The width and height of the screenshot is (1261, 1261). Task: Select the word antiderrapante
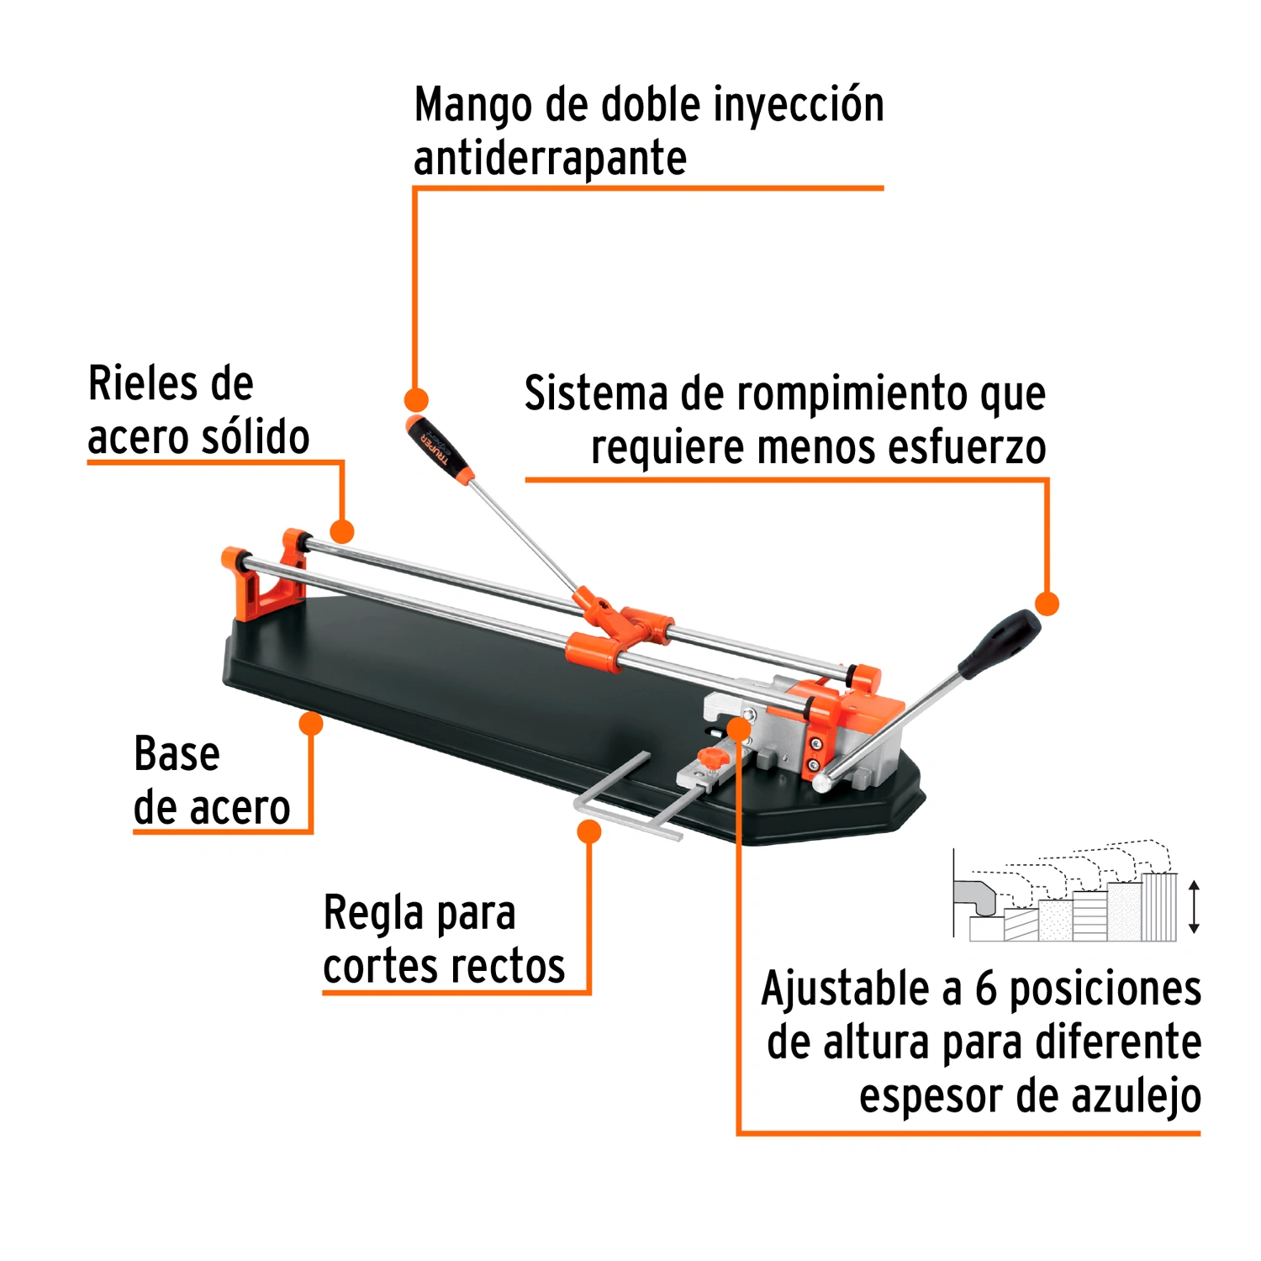click(x=551, y=159)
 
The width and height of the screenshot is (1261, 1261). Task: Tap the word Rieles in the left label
click(x=141, y=383)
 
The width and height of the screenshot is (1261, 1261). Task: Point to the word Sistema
click(x=597, y=393)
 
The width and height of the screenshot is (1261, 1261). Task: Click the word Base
click(x=177, y=753)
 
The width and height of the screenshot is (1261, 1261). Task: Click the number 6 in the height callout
click(x=985, y=989)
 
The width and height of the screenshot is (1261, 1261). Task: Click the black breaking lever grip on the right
click(x=1000, y=644)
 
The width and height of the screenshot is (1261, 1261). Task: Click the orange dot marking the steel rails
click(x=342, y=531)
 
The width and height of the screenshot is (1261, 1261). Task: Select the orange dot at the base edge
click(x=311, y=724)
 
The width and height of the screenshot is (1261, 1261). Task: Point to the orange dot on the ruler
click(x=589, y=831)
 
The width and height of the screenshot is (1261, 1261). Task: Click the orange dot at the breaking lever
click(x=1047, y=604)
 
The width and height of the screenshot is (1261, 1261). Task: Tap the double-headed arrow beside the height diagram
click(x=1194, y=907)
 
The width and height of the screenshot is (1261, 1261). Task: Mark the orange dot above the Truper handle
click(x=415, y=399)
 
